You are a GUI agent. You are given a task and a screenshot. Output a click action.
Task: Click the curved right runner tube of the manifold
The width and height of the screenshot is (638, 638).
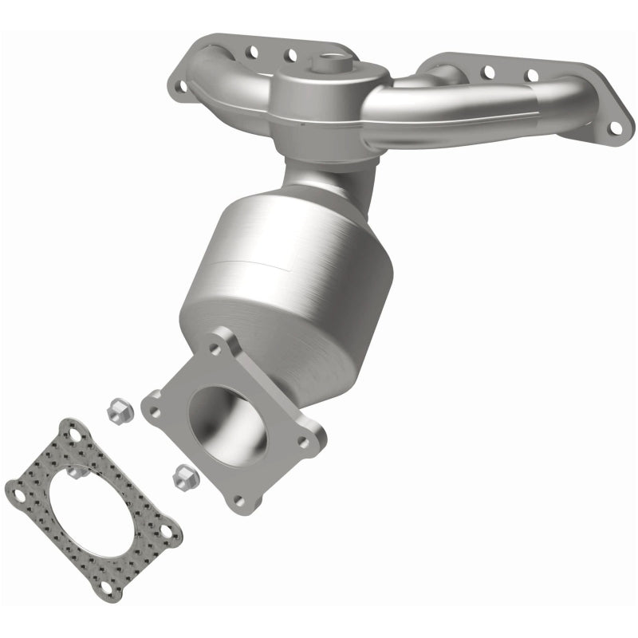tap(463, 112)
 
